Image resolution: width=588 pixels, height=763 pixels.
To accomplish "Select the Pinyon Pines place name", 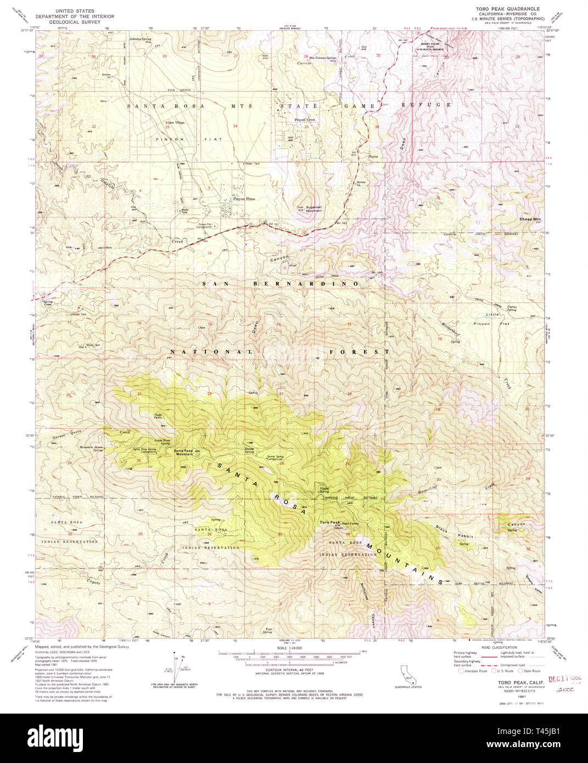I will click(244, 199).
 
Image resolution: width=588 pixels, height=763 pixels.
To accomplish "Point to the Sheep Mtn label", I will click(530, 219).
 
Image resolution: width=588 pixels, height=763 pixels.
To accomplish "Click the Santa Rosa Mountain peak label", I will click(183, 452).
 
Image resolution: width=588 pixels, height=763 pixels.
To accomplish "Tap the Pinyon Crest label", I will click(305, 120).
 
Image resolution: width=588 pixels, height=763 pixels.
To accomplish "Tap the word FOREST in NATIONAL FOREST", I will click(360, 351).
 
